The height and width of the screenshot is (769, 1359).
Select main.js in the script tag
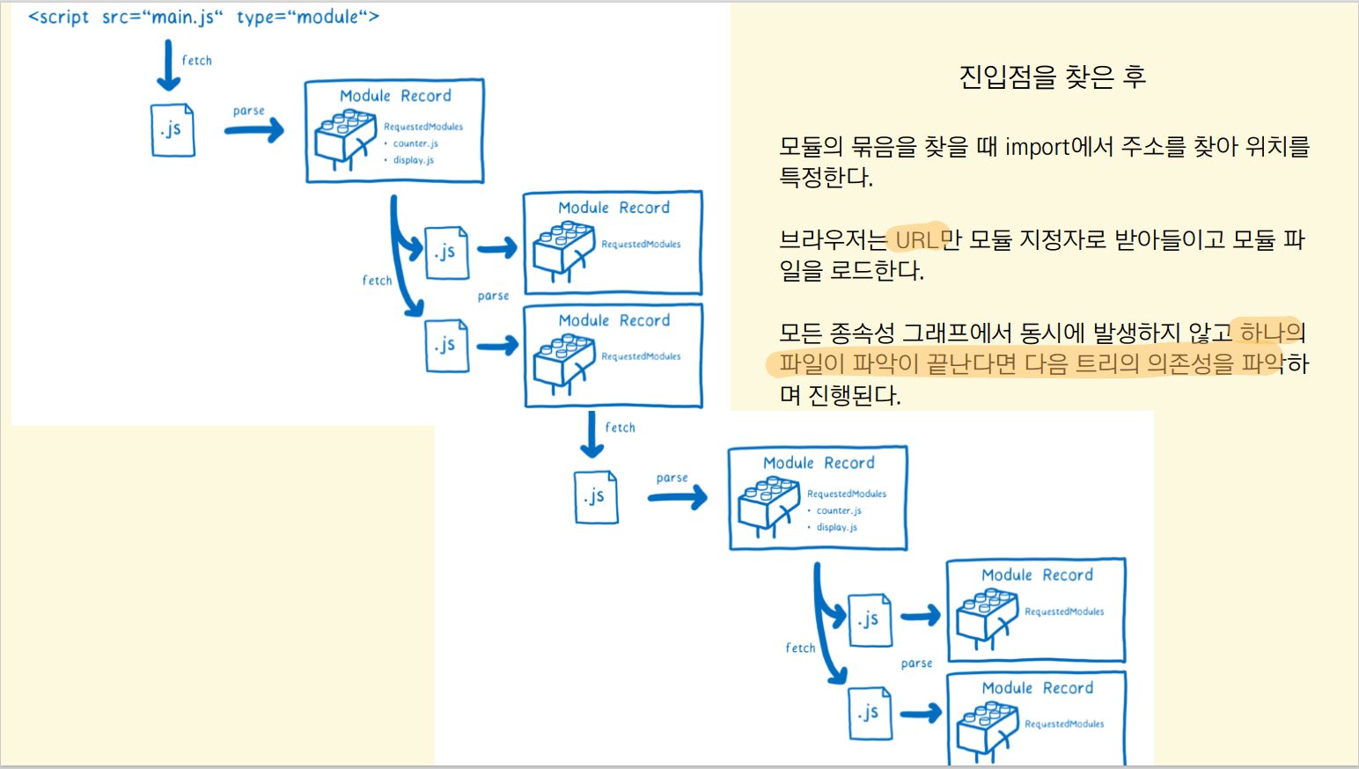tap(183, 18)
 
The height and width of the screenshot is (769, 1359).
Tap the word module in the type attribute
tap(327, 18)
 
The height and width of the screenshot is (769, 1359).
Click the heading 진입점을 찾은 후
tap(1052, 77)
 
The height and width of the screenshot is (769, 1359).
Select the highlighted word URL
tap(916, 239)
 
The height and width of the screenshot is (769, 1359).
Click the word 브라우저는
tap(833, 239)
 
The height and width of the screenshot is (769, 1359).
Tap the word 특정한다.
tap(826, 178)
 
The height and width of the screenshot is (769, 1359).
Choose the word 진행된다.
tap(854, 395)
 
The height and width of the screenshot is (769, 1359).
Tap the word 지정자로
tap(1062, 239)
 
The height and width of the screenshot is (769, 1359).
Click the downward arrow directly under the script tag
tap(168, 66)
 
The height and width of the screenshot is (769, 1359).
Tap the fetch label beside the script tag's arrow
tap(197, 61)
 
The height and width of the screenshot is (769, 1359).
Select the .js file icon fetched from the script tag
tap(173, 130)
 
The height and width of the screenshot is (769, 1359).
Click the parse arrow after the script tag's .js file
tap(253, 131)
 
